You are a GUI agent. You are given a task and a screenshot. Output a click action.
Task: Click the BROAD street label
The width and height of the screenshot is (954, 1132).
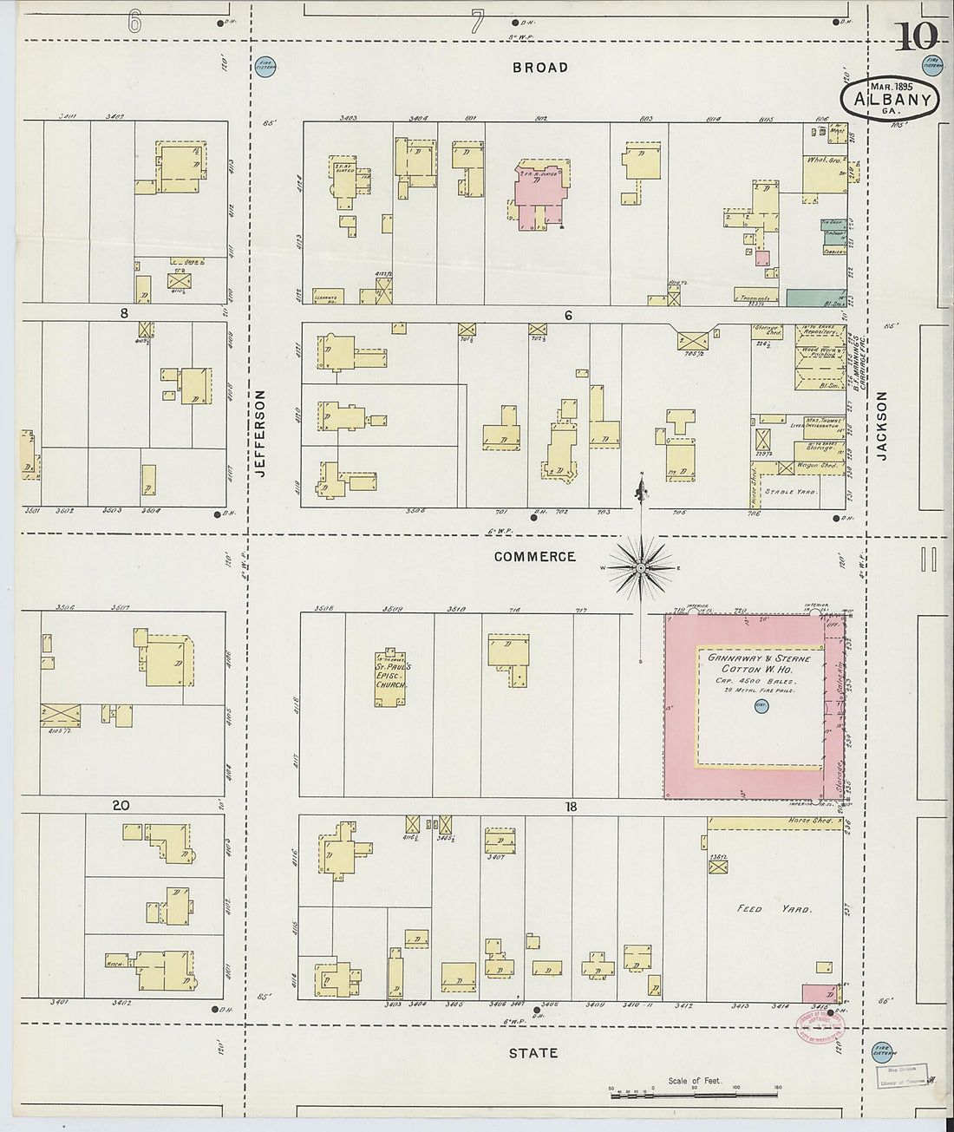(x=539, y=68)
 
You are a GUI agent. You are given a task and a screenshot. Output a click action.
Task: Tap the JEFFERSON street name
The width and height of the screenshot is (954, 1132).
(x=258, y=433)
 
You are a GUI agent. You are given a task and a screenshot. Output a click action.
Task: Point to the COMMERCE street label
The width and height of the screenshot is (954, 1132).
(x=534, y=557)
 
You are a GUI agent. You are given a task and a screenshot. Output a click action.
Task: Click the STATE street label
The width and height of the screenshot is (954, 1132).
(x=533, y=1053)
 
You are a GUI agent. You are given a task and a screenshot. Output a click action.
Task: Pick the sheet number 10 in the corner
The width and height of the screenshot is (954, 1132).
(x=916, y=37)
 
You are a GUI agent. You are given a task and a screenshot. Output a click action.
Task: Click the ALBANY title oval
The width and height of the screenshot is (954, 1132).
(x=890, y=99)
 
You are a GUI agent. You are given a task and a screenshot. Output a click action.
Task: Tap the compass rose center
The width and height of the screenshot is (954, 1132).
(x=641, y=568)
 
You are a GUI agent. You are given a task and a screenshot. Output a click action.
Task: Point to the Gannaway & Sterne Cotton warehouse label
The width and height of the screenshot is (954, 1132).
(x=759, y=670)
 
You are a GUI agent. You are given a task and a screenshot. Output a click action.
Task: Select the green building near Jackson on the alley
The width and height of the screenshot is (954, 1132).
(x=815, y=298)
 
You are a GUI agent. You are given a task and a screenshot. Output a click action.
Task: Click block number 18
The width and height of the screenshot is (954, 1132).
(x=571, y=807)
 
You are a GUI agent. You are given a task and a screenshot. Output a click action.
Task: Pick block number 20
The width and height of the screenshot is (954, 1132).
(x=121, y=806)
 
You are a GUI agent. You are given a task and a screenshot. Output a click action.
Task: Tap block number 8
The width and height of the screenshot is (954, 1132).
(x=124, y=311)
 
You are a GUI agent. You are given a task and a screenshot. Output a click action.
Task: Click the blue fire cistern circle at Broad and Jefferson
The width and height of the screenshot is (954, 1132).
(x=265, y=66)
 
